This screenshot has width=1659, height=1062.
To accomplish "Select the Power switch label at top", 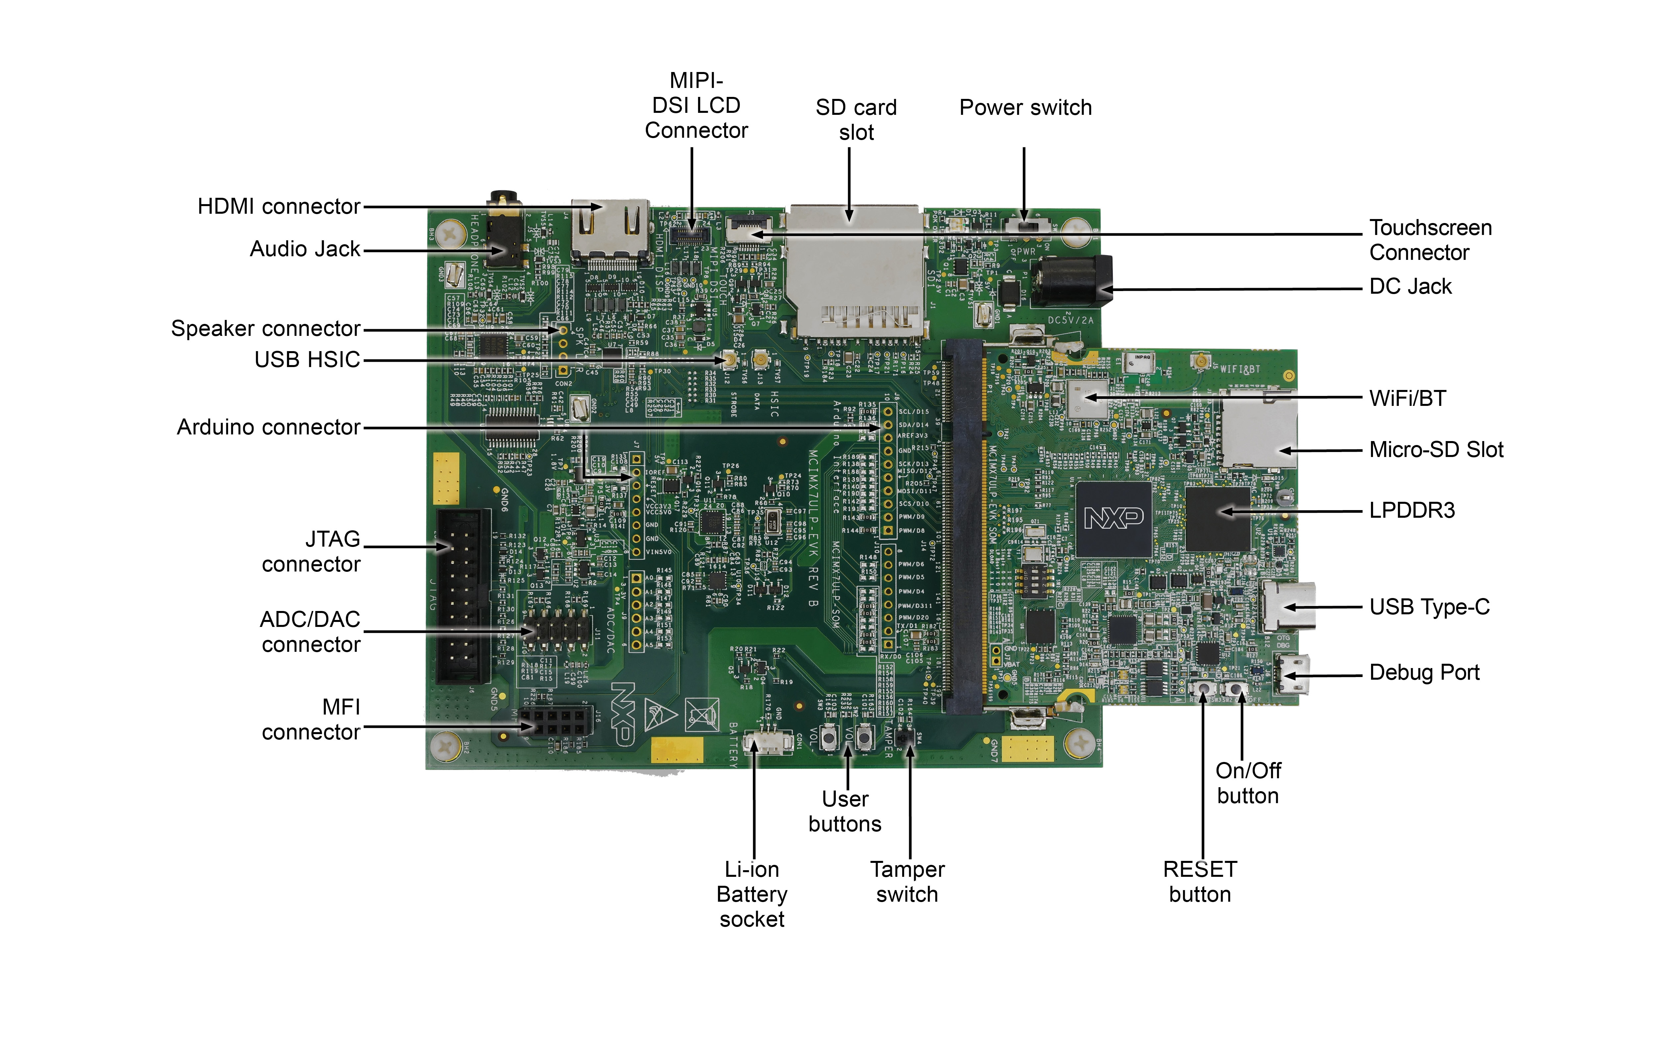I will pos(1025,108).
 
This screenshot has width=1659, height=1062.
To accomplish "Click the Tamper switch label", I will pos(907,882).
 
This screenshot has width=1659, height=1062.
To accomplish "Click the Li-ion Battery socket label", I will pos(752,894).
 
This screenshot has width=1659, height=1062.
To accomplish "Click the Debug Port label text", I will pos(1424,672).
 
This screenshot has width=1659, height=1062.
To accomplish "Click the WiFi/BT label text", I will pos(1407,399).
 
